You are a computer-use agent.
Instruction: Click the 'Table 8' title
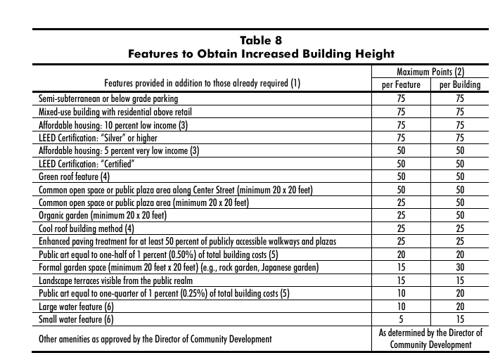[259, 39]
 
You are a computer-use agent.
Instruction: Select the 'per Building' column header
[459, 84]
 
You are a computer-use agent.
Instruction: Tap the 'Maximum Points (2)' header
[430, 72]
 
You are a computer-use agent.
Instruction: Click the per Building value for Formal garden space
[460, 268]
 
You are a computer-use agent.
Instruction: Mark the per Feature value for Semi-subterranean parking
[399, 98]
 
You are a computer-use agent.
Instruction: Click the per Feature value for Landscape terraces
[399, 281]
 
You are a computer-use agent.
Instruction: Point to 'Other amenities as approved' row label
[154, 340]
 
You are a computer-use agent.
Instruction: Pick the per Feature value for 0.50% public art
[399, 255]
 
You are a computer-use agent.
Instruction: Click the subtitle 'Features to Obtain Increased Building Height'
[259, 53]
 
